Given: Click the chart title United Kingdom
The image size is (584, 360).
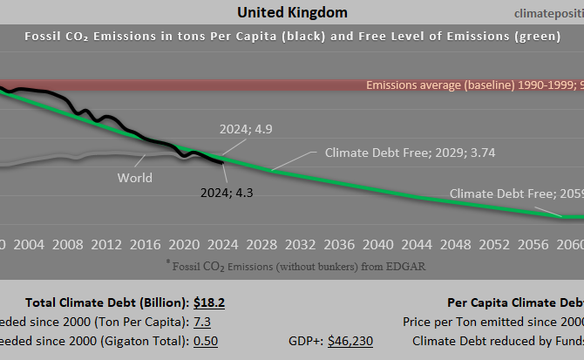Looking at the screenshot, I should pos(292,12).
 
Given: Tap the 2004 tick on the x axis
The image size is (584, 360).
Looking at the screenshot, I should pos(31,244).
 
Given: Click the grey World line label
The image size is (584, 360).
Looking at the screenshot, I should pos(134,178).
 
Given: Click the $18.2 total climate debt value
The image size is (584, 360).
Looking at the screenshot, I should pos(209,302).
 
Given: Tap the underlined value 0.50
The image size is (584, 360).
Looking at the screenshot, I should pos(205,341).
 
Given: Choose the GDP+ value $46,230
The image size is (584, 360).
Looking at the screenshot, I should pos(350,341).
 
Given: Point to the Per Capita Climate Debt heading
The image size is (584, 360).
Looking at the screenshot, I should pos(514,302).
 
